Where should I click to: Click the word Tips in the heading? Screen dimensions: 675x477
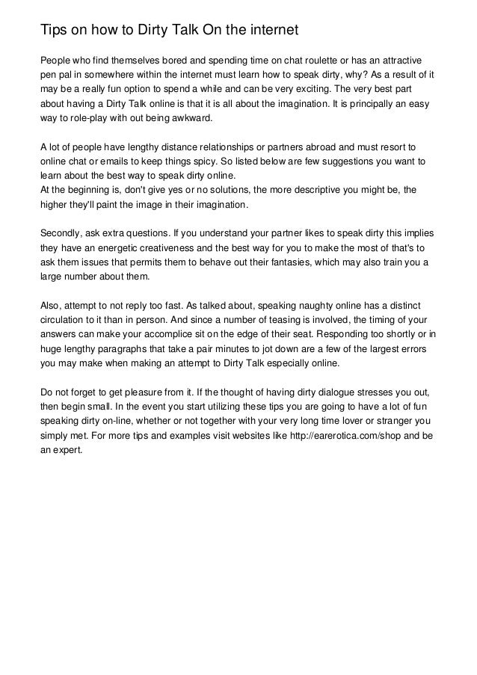[x=55, y=30]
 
